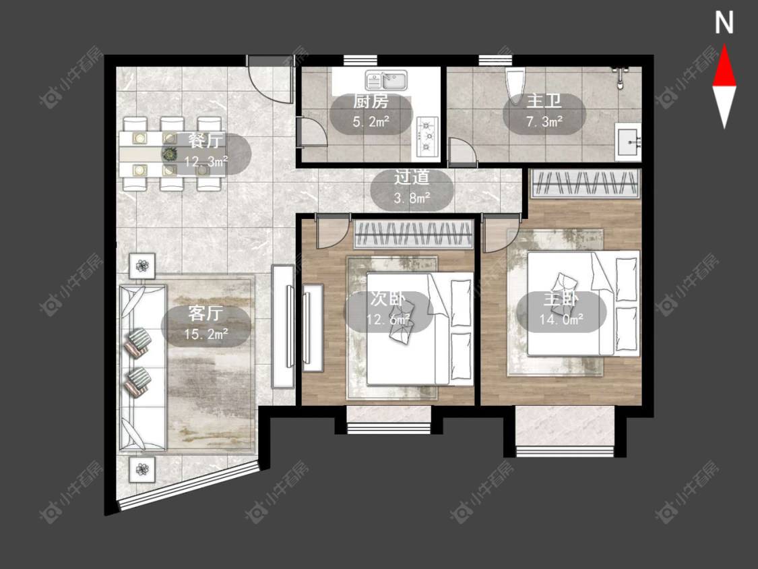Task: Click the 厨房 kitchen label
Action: (x=371, y=102)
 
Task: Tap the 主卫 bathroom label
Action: (x=544, y=101)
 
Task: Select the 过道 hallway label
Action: (x=412, y=177)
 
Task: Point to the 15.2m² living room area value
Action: (x=206, y=334)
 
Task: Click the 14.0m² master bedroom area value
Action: (x=561, y=319)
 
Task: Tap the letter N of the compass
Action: (x=724, y=23)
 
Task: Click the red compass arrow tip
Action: (x=724, y=45)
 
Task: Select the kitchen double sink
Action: (x=386, y=80)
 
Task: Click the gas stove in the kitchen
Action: (x=427, y=136)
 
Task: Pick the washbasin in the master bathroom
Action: (x=628, y=142)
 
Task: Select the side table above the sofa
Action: (x=142, y=266)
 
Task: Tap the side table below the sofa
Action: (x=142, y=469)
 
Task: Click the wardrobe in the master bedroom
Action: (x=584, y=183)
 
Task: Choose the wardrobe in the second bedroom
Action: (x=413, y=234)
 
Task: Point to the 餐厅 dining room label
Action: (x=206, y=140)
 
